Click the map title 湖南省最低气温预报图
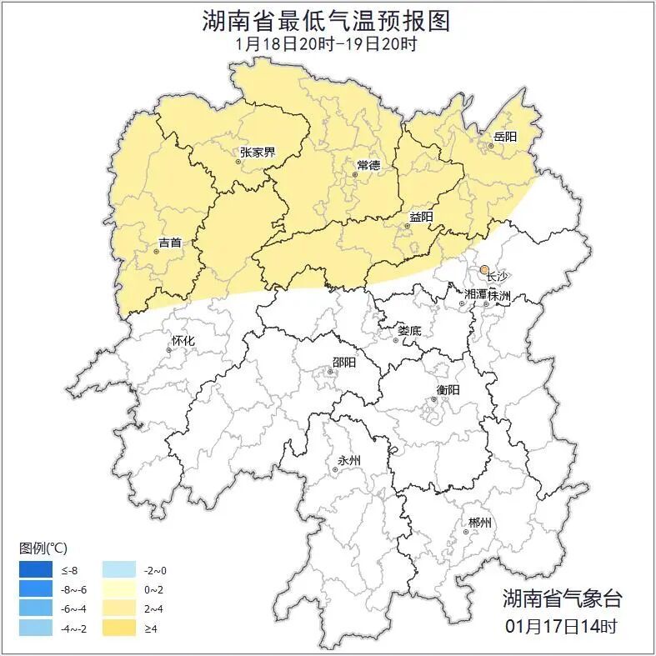coord(326,21)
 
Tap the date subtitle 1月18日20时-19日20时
coord(326,44)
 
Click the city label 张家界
coord(257,153)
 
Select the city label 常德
coord(368,165)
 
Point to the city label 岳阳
coord(505,137)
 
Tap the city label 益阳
coord(421,218)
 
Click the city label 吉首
coord(170,243)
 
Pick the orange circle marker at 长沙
coord(484,269)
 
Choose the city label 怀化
coord(183,341)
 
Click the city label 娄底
coord(409,331)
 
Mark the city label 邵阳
coord(343,362)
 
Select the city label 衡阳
coord(448,390)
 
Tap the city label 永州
coord(348,460)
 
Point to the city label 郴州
coord(479,523)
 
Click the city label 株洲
coord(498,296)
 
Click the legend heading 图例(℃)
coord(43,548)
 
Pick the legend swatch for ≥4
coord(118,628)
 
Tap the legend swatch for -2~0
coord(118,570)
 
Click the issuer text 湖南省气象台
coord(562,598)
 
